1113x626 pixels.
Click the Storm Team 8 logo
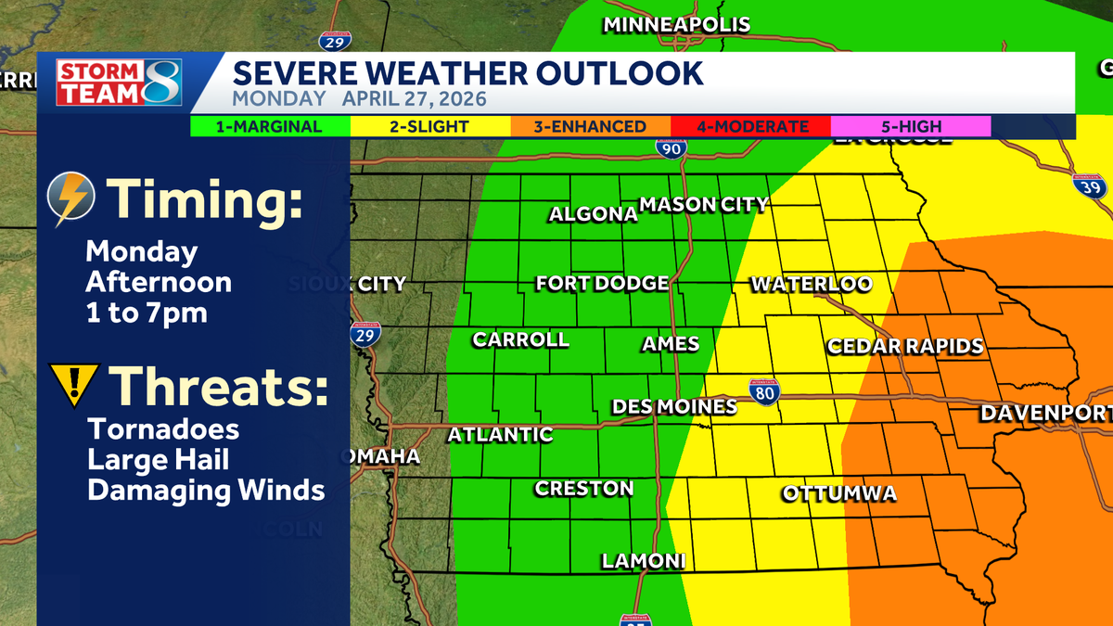119,83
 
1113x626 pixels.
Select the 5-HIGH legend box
910,127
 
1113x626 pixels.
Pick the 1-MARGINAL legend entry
269,127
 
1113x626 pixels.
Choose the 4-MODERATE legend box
750,127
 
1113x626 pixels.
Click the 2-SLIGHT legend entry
429,127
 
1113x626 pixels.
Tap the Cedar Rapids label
904,346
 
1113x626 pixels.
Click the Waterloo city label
811,284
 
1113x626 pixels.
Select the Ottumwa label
839,493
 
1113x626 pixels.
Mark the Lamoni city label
643,560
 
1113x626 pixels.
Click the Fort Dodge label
602,284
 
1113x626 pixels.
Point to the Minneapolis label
676,25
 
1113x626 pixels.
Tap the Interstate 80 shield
764,390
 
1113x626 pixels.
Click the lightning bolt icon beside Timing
71,199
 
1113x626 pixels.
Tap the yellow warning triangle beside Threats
72,384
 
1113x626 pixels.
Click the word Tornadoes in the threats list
163,430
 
